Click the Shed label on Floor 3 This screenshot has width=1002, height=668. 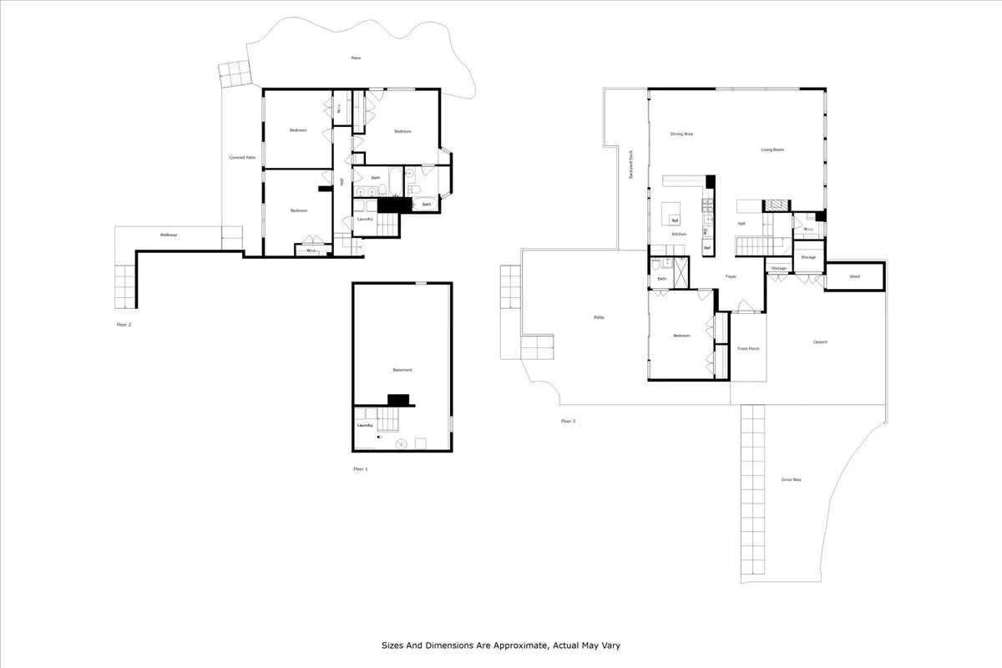click(855, 276)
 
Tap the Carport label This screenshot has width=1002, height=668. click(820, 342)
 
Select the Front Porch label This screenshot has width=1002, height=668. click(748, 348)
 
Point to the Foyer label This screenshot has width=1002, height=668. click(731, 276)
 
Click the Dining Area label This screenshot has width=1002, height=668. click(682, 134)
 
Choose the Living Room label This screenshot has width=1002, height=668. click(772, 150)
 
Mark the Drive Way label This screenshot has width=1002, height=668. click(792, 479)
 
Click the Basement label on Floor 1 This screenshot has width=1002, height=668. click(402, 370)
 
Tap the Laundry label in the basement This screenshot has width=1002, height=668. click(365, 425)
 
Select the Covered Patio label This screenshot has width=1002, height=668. click(243, 157)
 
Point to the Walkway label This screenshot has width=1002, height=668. click(169, 235)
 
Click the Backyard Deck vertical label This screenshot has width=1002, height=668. click(631, 164)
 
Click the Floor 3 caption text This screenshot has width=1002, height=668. click(568, 421)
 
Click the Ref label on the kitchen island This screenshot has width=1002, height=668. click(675, 220)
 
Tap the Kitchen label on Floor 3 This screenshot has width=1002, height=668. click(680, 234)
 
